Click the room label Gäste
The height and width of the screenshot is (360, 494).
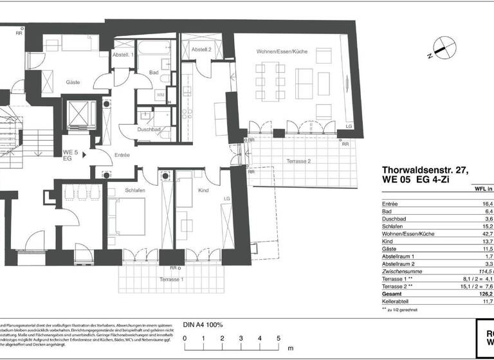pyautogui.click(x=72, y=82)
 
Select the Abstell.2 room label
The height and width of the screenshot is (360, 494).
pyautogui.click(x=201, y=50)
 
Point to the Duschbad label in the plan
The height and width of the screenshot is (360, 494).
pyautogui.click(x=149, y=129)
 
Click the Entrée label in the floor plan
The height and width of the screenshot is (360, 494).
pyautogui.click(x=122, y=155)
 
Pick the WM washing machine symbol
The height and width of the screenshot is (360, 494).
pyautogui.click(x=160, y=95)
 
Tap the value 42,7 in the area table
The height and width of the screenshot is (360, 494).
pyautogui.click(x=487, y=234)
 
